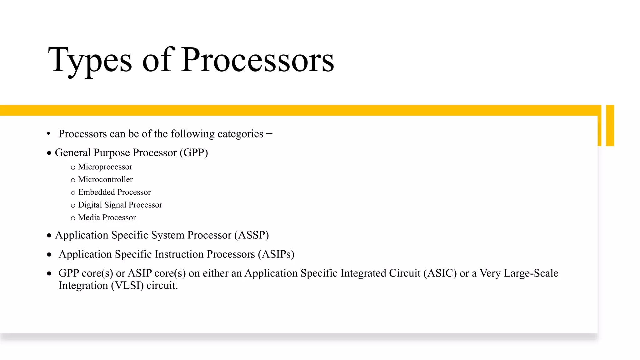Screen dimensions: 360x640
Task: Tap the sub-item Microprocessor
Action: click(x=105, y=167)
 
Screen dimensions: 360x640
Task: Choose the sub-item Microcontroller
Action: click(x=105, y=179)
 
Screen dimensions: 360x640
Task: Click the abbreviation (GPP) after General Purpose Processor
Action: click(x=194, y=153)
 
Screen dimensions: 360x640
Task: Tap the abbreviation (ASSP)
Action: click(x=252, y=235)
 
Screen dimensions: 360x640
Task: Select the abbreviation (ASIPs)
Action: click(x=276, y=254)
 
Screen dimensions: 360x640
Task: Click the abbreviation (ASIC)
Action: click(x=440, y=273)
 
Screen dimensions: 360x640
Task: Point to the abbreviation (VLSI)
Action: click(x=127, y=286)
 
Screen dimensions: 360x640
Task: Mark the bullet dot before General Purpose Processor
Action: click(x=49, y=153)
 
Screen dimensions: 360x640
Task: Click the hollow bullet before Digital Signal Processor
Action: click(x=73, y=206)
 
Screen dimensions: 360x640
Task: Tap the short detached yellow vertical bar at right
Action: click(x=610, y=125)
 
